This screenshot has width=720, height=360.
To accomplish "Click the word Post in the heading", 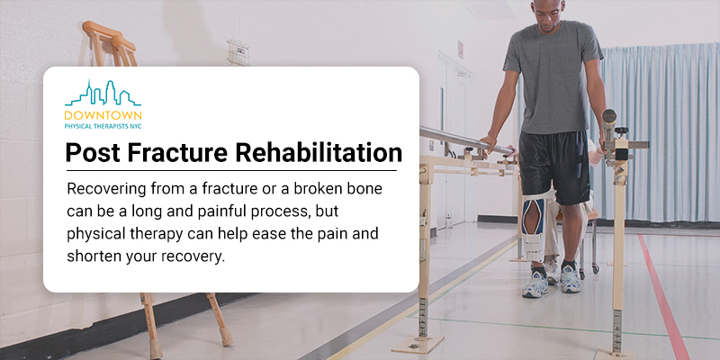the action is coord(93,153).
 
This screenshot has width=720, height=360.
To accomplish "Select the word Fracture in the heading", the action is coord(177,153).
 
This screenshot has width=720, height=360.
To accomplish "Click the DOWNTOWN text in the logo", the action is coord(103,115).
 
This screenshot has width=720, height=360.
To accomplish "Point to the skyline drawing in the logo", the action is coord(103,94).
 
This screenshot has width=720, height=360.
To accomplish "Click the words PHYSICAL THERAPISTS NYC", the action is coord(103,125).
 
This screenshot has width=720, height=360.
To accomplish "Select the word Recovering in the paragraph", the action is coord(98,189).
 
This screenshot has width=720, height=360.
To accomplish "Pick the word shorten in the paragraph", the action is coord(88,256).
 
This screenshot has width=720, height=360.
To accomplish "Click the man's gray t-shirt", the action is coord(553,76).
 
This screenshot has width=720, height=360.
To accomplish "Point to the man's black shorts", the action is coord(554,166).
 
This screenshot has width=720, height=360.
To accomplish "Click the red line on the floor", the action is coord(662,297).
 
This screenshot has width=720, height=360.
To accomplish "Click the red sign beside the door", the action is coord(460,49).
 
